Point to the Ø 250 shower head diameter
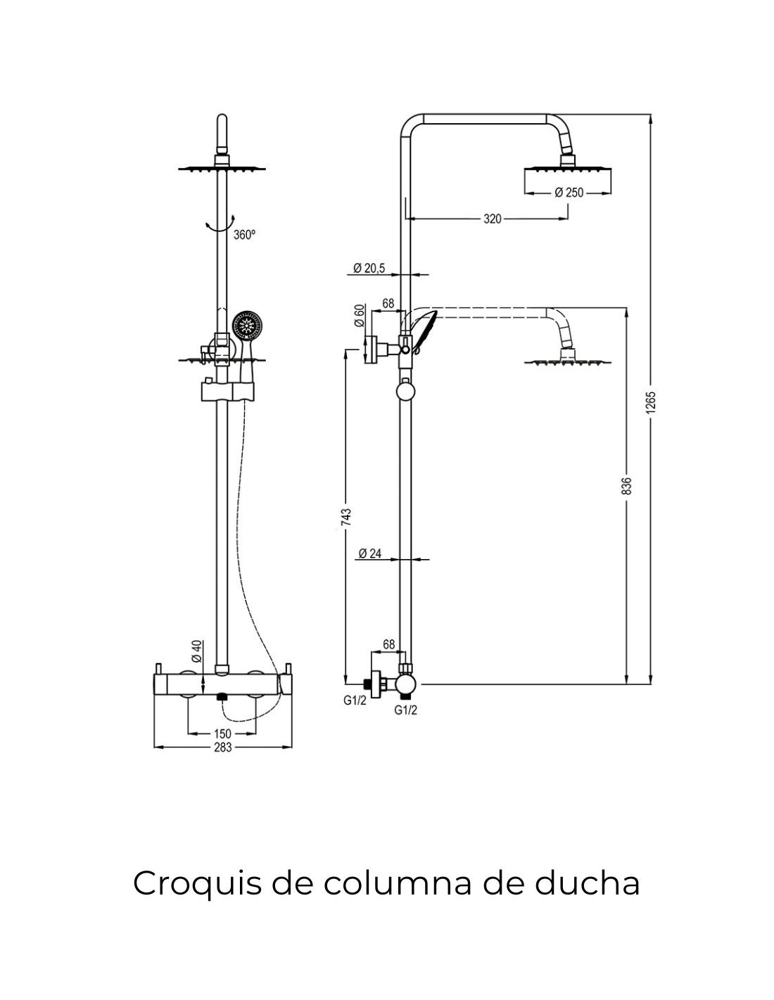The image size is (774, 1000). click(569, 193)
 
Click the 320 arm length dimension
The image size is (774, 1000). click(493, 219)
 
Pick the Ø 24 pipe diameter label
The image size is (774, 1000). click(369, 553)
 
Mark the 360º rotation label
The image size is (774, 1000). click(244, 235)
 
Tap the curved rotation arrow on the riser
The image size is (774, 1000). click(221, 224)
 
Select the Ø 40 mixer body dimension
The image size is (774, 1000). click(196, 650)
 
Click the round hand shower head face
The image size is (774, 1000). click(247, 326)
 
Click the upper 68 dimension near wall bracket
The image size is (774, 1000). click(388, 303)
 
